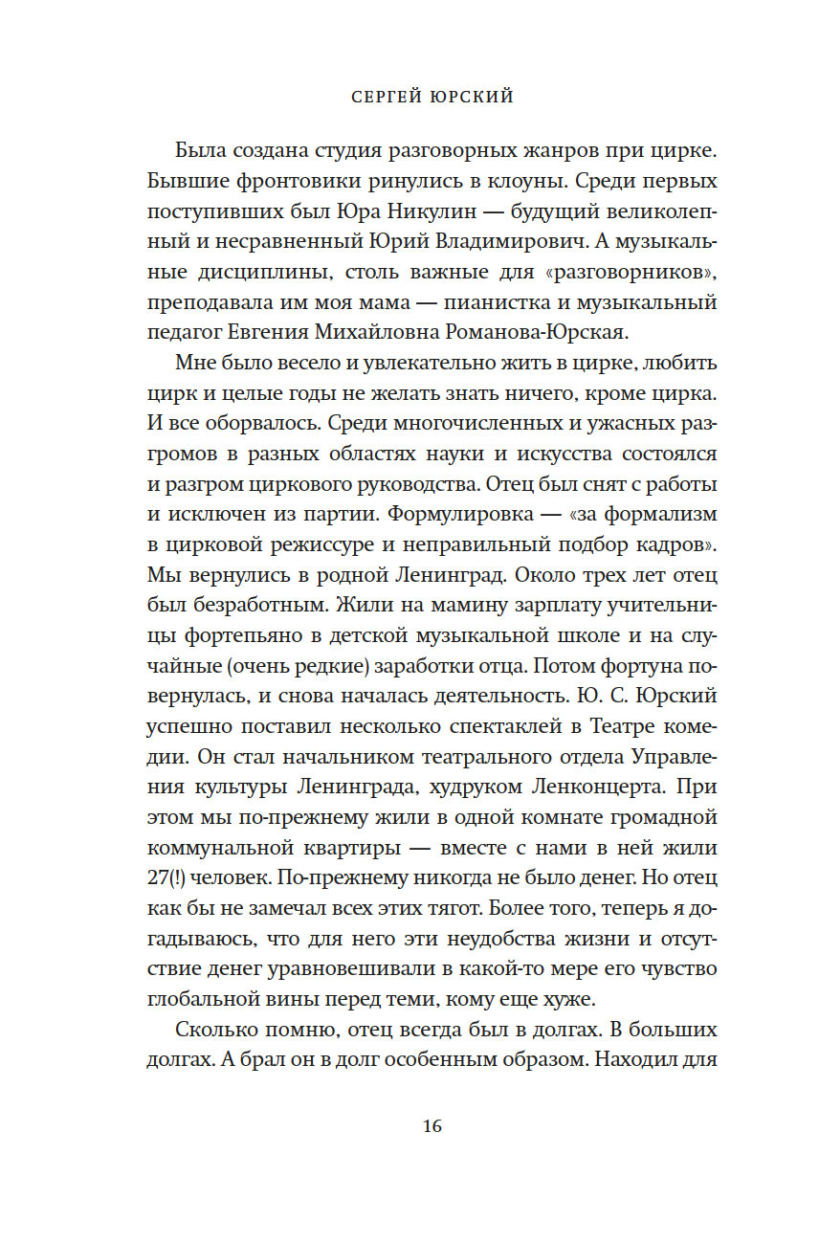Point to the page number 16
click(x=432, y=1126)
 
